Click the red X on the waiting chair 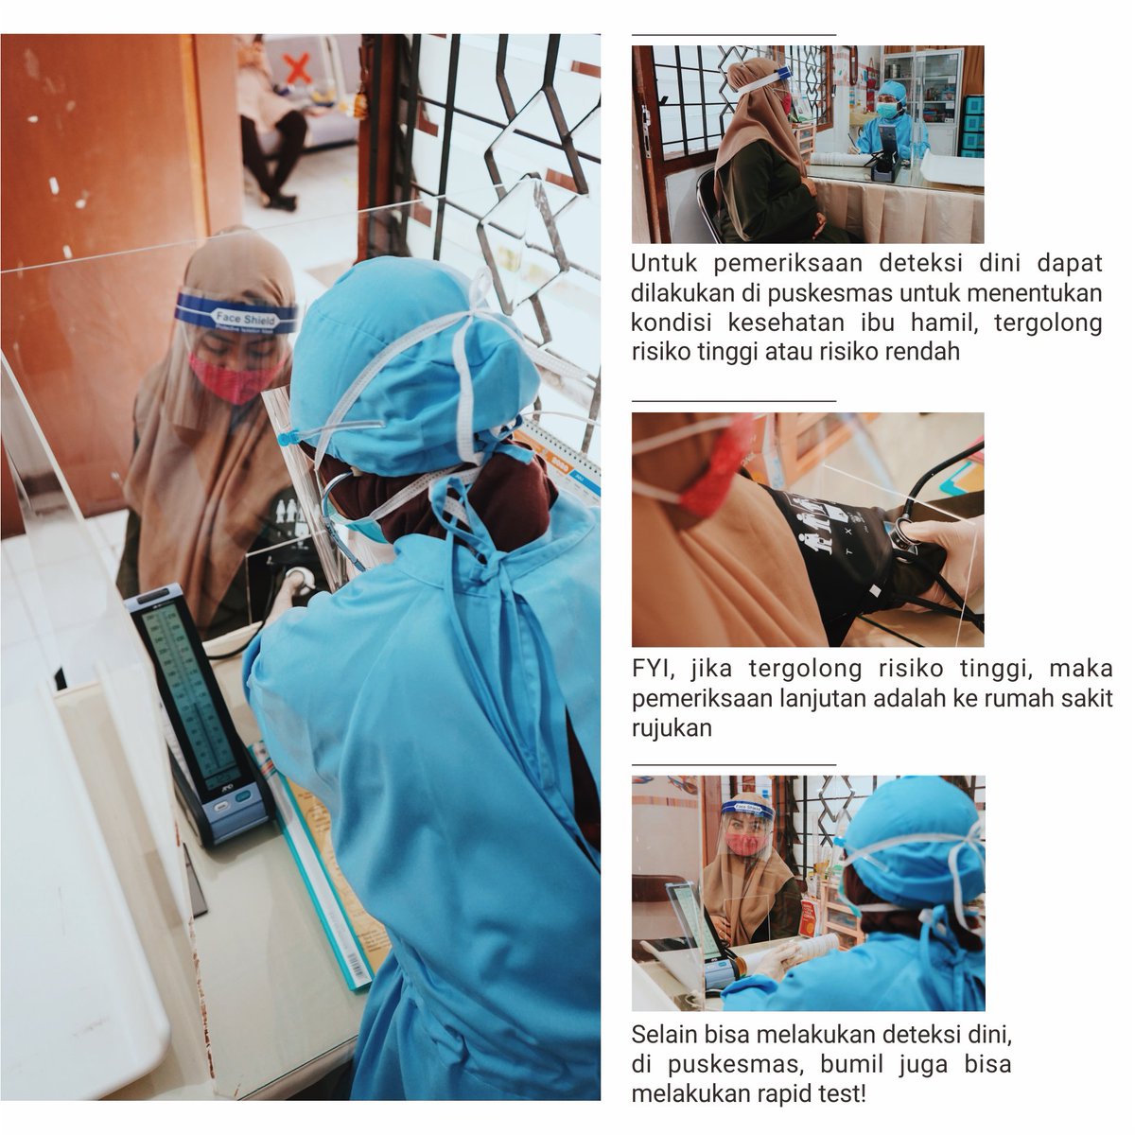click(298, 68)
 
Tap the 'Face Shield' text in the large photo click(245, 319)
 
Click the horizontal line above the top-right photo click(734, 35)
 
